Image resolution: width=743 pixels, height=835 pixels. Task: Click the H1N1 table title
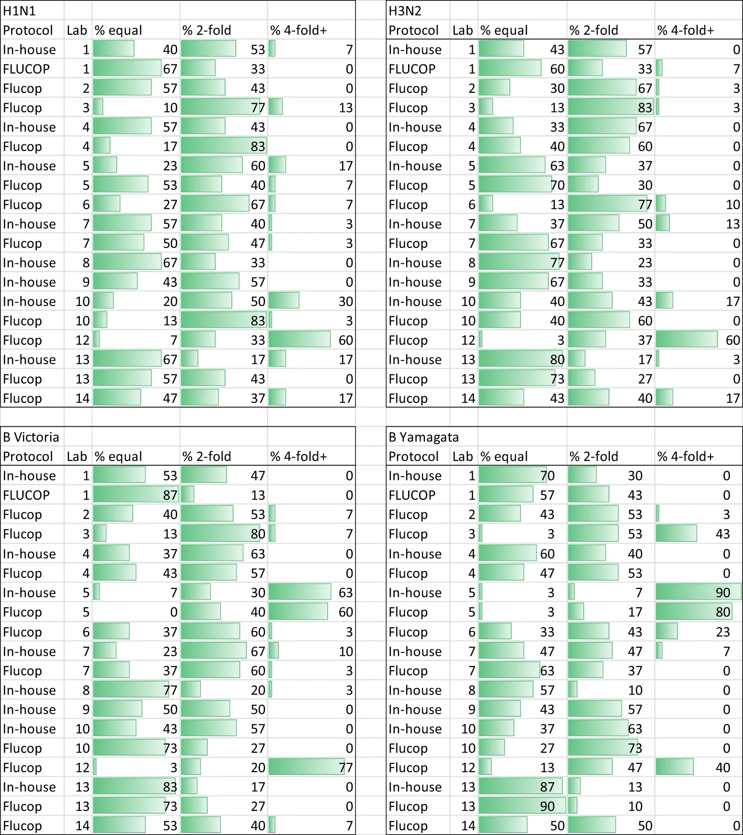[19, 11]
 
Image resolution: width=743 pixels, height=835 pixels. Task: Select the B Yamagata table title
[424, 437]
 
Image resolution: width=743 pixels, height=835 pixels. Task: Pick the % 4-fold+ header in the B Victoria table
[299, 456]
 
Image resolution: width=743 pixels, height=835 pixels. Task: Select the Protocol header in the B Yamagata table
[413, 456]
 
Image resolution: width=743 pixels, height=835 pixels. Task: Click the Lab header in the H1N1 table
[77, 30]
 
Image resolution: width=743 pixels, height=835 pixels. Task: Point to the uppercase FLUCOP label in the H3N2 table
[412, 69]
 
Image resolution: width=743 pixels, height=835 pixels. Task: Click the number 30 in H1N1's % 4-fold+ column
[346, 301]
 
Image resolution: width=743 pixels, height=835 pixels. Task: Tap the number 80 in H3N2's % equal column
[557, 359]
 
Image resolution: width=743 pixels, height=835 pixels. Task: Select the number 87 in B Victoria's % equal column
[170, 495]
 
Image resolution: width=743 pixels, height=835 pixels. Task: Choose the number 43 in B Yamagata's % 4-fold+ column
[723, 534]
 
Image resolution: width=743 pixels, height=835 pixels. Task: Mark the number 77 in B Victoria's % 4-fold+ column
[346, 768]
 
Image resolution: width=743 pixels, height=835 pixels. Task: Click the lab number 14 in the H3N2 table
[468, 398]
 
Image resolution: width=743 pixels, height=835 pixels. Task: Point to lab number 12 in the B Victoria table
[82, 768]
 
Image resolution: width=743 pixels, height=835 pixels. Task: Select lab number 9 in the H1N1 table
[86, 282]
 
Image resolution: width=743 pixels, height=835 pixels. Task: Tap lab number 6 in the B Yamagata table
[471, 632]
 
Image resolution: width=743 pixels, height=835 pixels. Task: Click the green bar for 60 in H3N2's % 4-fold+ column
[686, 340]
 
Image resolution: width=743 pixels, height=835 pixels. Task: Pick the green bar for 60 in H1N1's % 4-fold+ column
[300, 340]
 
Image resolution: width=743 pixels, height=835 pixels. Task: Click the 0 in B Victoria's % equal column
[174, 612]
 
